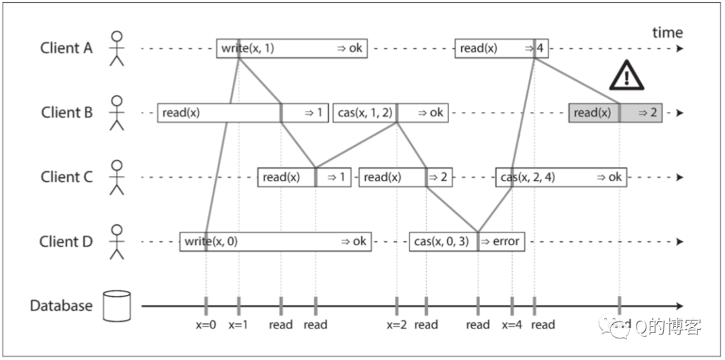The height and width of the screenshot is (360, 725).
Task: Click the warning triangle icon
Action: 626,75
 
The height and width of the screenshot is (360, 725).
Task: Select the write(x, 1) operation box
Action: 292,48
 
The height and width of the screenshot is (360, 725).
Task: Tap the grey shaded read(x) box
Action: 616,113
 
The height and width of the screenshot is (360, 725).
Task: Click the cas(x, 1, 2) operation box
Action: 390,113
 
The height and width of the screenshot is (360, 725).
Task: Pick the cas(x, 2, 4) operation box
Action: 561,177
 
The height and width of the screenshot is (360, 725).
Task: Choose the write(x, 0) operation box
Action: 276,242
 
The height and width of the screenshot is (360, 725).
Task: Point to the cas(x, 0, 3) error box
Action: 467,242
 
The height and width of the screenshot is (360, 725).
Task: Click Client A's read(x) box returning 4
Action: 501,48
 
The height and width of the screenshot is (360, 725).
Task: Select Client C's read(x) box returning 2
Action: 405,177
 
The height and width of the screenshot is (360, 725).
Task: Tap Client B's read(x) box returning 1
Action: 243,113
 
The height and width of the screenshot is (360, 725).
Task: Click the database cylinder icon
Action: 117,306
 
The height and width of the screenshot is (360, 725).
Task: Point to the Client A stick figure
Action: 117,48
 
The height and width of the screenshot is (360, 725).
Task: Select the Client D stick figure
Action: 117,242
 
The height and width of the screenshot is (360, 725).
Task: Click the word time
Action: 667,33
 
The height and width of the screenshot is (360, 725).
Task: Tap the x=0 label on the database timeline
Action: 206,325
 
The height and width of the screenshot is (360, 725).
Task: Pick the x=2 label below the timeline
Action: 397,325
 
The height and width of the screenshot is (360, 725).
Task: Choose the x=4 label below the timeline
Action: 512,325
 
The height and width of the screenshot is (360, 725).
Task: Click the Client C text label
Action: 66,177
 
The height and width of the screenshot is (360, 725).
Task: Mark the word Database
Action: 61,306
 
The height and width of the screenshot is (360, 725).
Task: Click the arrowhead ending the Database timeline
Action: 679,306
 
